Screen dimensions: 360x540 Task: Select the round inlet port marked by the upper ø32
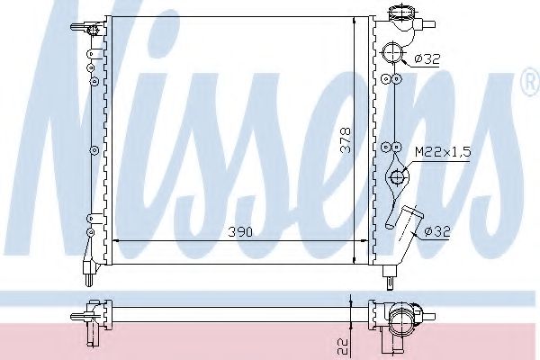[x=391, y=52]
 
